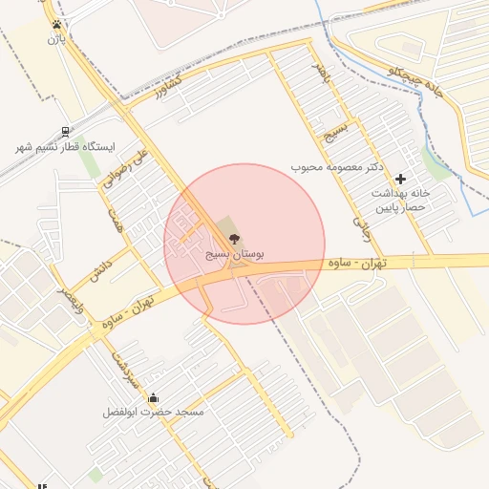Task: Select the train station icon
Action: pos(64,132)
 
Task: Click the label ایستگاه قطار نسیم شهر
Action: pos(64,147)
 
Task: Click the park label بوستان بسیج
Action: pos(235,255)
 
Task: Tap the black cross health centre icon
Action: pos(400,179)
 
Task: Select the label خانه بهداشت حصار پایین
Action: pos(402,199)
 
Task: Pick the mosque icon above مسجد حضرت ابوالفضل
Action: pos(155,397)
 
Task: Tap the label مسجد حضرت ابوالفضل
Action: pos(155,412)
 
